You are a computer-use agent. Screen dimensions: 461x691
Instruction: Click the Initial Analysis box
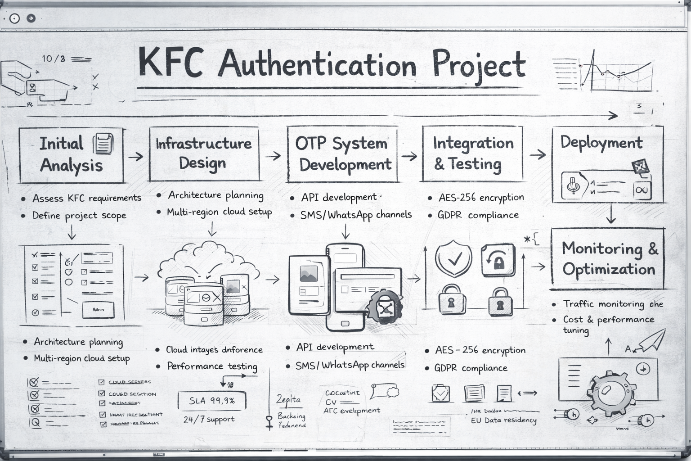pos(71,155)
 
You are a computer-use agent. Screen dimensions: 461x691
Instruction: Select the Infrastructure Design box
pos(204,154)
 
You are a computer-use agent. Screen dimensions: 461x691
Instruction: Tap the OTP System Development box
pos(342,154)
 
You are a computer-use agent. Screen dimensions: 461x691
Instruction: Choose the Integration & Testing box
pos(472,154)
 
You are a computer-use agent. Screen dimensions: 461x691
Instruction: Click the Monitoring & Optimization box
pos(608,259)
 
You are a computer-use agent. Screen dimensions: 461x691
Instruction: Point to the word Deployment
pos(601,143)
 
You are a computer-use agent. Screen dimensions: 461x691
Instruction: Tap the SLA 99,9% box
pos(212,400)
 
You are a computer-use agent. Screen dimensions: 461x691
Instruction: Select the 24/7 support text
pos(209,420)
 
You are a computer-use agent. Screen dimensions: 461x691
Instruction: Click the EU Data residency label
pos(503,420)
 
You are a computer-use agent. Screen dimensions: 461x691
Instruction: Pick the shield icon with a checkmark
pos(453,258)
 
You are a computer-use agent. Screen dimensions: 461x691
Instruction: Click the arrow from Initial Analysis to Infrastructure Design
pos(135,157)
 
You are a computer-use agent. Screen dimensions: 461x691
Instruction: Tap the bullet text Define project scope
pos(79,216)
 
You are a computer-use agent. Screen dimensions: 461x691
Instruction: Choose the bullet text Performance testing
pos(212,366)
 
